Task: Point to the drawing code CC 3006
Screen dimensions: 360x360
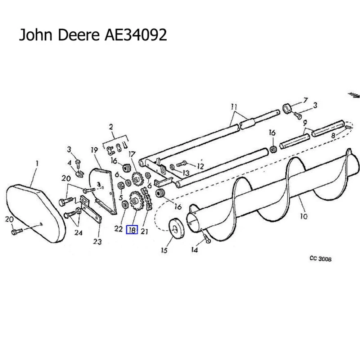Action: pos(320,259)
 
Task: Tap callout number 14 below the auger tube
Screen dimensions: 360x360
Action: pos(194,250)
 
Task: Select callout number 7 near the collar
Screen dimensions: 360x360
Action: pos(305,100)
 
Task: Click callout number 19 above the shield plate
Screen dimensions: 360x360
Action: pos(94,149)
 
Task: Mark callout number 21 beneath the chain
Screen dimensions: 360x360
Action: pos(144,231)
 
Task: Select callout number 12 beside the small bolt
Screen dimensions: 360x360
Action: pos(200,167)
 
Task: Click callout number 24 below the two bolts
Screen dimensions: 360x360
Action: pos(78,233)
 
